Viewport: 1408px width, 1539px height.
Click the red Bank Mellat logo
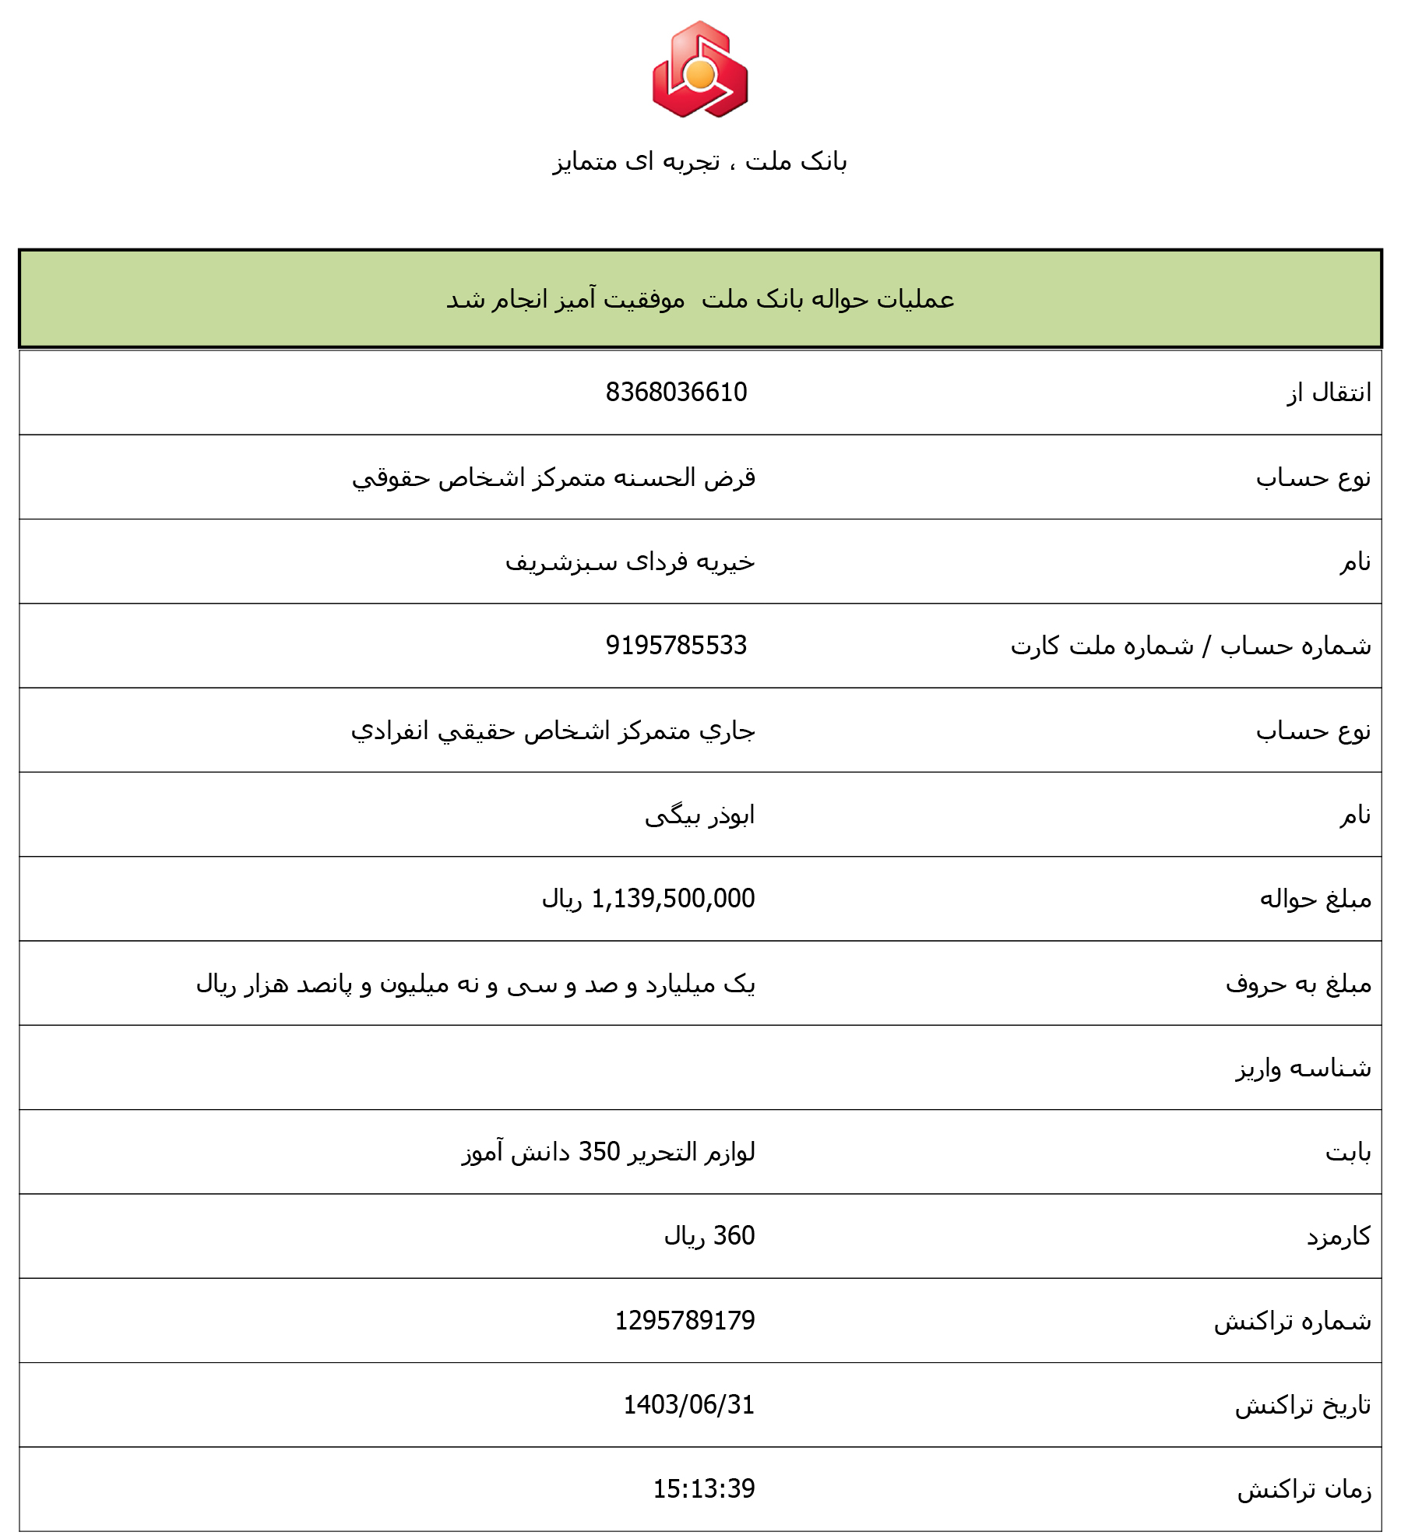pyautogui.click(x=700, y=70)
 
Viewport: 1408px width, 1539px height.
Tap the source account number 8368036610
pyautogui.click(x=676, y=392)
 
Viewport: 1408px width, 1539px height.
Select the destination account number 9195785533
pyautogui.click(x=676, y=645)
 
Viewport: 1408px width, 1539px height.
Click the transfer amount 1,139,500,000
pyautogui.click(x=673, y=899)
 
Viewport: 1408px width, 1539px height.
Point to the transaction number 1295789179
pyautogui.click(x=685, y=1320)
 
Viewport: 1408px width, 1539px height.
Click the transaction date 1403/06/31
pyautogui.click(x=688, y=1404)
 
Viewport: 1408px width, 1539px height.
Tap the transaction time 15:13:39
pyautogui.click(x=703, y=1488)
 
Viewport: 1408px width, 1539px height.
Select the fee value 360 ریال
pyautogui.click(x=709, y=1236)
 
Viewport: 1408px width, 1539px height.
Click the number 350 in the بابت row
pyautogui.click(x=599, y=1151)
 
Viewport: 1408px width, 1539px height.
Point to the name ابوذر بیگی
pyautogui.click(x=699, y=815)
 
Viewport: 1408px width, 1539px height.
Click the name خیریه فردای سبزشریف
pyautogui.click(x=630, y=562)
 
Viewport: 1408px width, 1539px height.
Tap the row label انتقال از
pyautogui.click(x=1329, y=393)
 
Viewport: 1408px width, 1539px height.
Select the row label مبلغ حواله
pyautogui.click(x=1315, y=900)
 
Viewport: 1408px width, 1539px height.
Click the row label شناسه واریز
pyautogui.click(x=1303, y=1068)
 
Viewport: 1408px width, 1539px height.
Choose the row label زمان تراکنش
pyautogui.click(x=1304, y=1489)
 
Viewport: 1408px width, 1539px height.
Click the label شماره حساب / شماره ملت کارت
pyautogui.click(x=1191, y=646)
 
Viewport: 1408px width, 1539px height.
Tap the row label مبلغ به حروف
pyautogui.click(x=1298, y=984)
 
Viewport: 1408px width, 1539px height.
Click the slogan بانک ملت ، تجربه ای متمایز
pyautogui.click(x=699, y=161)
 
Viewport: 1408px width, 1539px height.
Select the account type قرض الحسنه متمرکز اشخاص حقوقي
pyautogui.click(x=554, y=477)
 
